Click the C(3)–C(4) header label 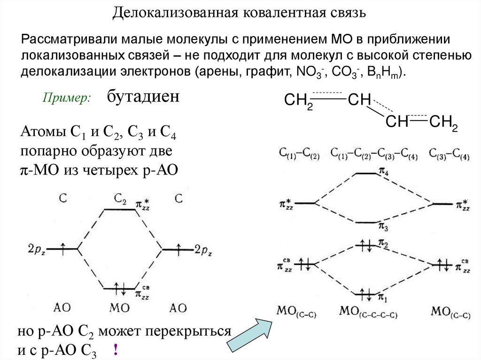coord(449,154)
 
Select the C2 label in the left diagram coord(120,199)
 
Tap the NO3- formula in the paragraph coord(307,74)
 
